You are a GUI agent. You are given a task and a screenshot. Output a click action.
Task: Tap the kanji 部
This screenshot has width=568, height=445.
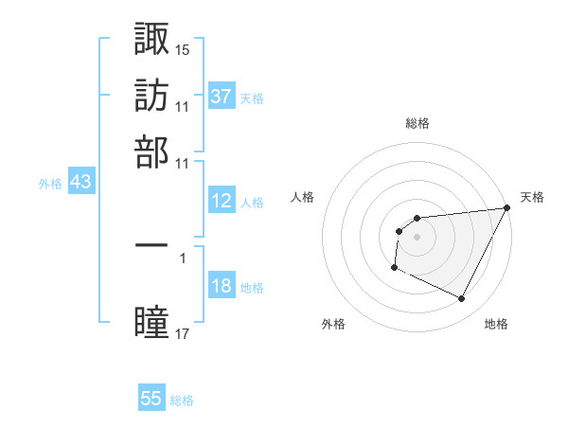(151, 151)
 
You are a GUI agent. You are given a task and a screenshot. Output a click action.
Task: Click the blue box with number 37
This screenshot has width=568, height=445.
(221, 97)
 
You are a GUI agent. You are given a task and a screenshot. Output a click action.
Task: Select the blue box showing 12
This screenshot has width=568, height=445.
(221, 201)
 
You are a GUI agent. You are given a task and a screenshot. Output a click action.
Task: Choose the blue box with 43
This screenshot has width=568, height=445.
(80, 183)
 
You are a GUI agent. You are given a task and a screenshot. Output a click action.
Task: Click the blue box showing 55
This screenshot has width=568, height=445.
(151, 399)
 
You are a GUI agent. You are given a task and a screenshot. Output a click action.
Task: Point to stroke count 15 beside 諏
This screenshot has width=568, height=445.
(183, 48)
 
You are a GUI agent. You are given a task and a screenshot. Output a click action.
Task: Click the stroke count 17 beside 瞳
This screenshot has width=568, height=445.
(183, 334)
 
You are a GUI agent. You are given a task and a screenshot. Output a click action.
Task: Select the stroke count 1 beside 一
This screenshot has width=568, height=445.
(182, 257)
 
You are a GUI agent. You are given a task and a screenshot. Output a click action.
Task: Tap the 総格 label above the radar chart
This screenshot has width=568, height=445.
(417, 123)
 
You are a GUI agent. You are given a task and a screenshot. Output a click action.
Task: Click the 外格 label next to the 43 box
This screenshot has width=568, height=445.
(49, 184)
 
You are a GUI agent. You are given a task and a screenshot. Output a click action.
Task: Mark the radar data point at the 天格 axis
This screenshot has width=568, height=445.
(507, 208)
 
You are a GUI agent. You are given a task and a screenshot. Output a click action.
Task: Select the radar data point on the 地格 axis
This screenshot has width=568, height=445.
(462, 299)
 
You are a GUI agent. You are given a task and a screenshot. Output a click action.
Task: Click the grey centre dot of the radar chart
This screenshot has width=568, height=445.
(417, 237)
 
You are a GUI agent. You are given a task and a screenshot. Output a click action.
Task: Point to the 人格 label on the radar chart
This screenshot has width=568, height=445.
(303, 197)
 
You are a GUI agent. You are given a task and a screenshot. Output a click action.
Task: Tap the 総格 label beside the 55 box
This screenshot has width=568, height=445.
(182, 400)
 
